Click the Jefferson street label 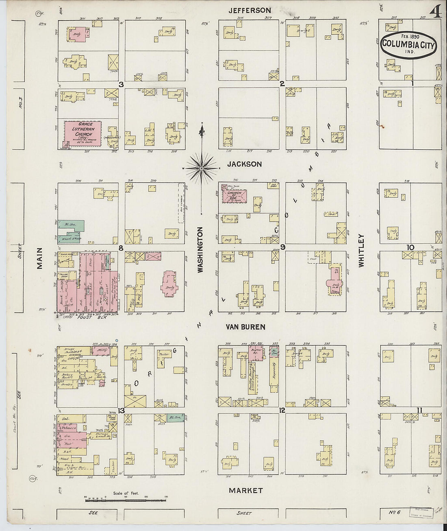(x=249, y=10)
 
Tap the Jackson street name (x=244, y=164)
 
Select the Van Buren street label (x=246, y=327)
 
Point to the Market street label (x=246, y=490)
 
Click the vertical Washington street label (x=200, y=249)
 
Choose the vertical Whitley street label (x=361, y=250)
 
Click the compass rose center (x=202, y=168)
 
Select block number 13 (x=121, y=410)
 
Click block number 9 (x=282, y=247)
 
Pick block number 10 (x=411, y=247)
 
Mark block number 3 (x=121, y=84)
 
